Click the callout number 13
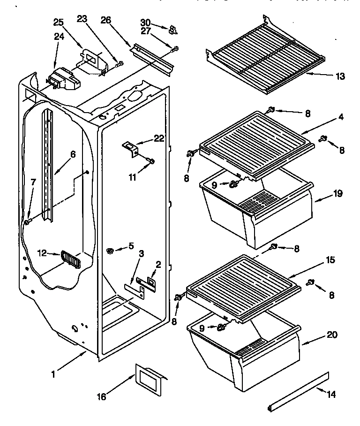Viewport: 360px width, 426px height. click(340, 76)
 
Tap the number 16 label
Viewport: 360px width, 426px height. click(101, 397)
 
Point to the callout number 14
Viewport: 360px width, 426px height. click(330, 395)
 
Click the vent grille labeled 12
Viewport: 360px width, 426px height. click(71, 260)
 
